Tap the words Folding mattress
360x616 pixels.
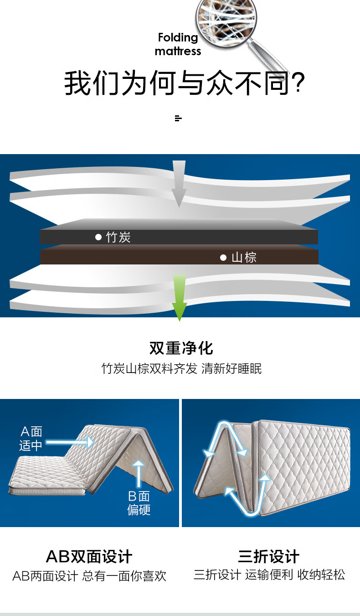click(178, 44)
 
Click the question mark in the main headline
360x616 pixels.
click(298, 83)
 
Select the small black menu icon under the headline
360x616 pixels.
click(178, 119)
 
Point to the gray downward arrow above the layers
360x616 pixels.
click(179, 183)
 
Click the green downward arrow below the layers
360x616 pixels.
click(180, 297)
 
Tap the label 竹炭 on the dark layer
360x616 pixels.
click(118, 237)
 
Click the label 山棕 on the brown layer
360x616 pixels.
click(244, 258)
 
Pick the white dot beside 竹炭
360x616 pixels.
click(98, 237)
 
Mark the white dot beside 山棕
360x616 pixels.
click(223, 258)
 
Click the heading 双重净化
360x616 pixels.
click(181, 348)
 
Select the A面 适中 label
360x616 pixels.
click(31, 439)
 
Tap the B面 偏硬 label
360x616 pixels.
click(139, 503)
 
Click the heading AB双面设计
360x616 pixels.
click(89, 556)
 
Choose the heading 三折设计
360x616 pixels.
click(269, 556)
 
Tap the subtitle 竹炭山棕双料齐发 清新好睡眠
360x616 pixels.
click(181, 368)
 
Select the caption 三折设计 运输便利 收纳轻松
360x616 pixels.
click(269, 575)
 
